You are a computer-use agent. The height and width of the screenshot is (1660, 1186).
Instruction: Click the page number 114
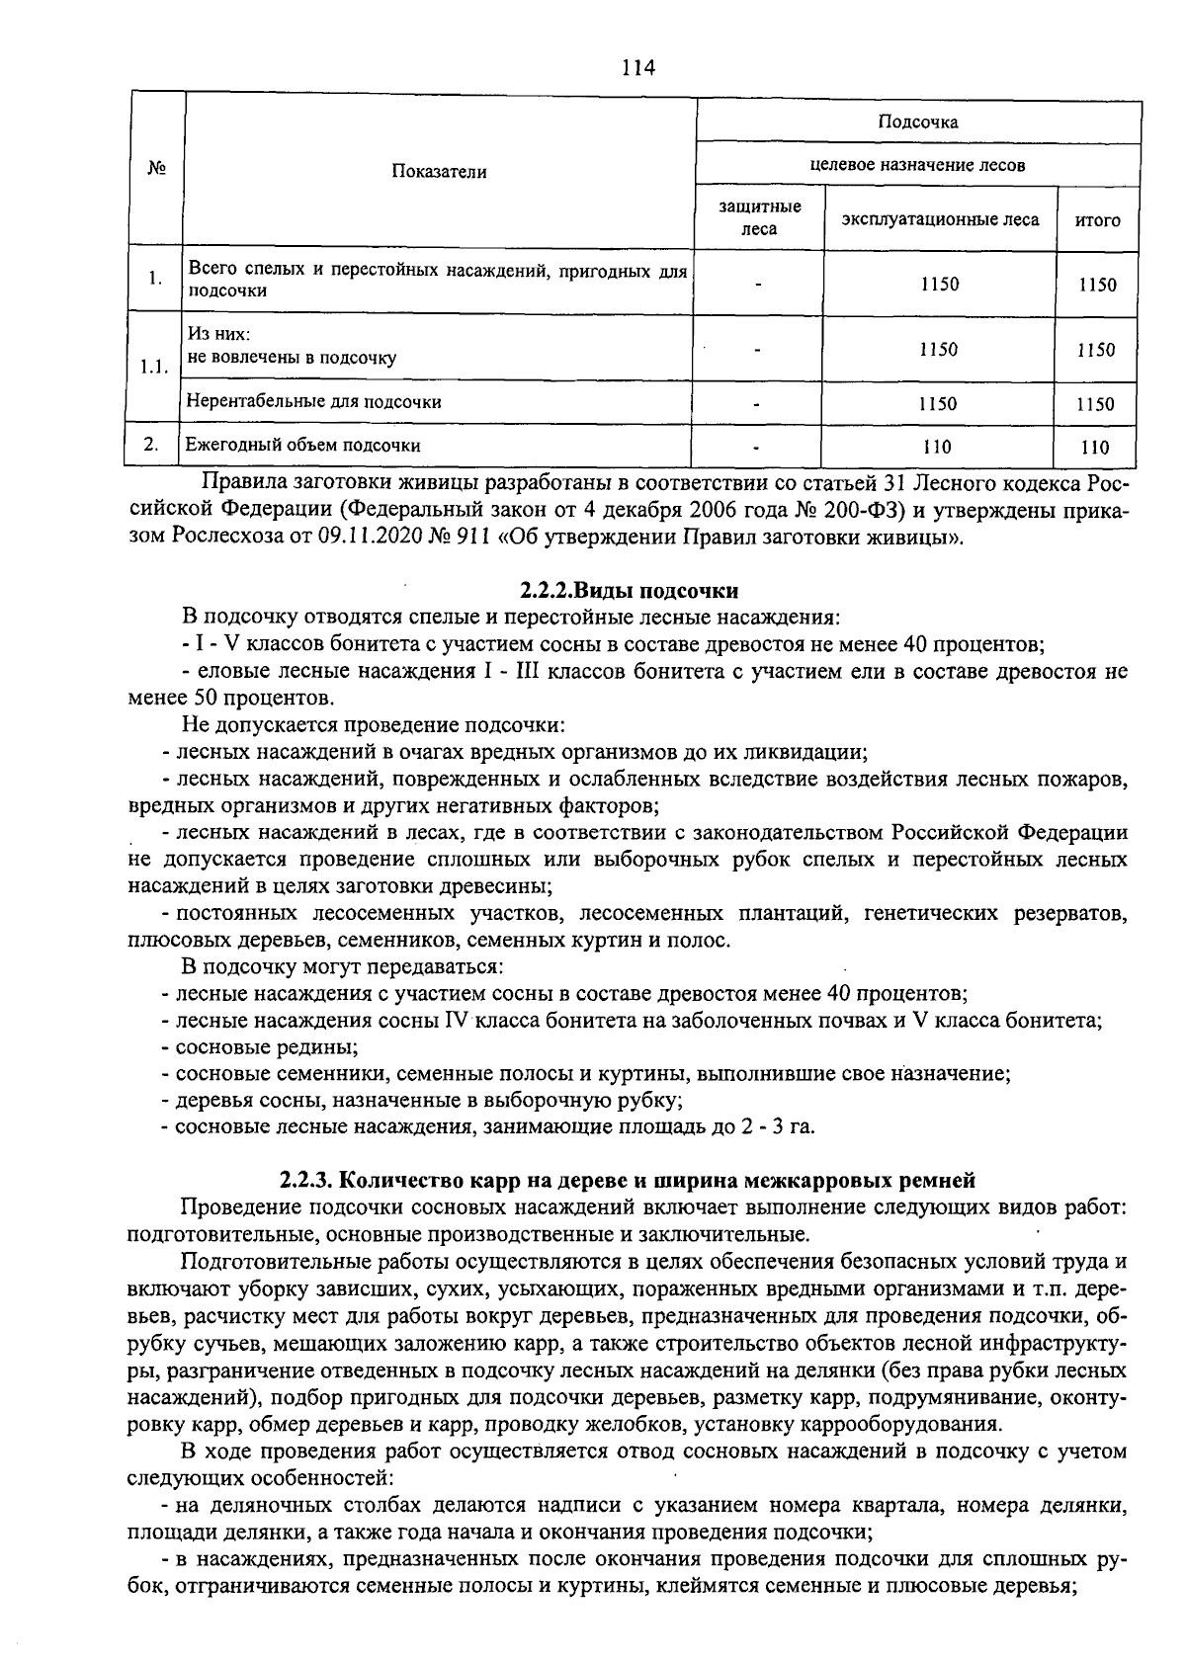point(638,67)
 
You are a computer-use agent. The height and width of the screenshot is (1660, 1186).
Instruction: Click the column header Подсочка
point(918,123)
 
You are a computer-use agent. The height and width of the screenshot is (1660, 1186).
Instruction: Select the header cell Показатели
point(439,171)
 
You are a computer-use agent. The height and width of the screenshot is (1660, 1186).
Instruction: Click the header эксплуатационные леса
point(940,219)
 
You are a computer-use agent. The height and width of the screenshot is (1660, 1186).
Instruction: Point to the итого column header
point(1097,220)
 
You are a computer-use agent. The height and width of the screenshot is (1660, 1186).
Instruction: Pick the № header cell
point(155,169)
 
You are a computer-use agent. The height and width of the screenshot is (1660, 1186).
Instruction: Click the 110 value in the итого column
point(1096,447)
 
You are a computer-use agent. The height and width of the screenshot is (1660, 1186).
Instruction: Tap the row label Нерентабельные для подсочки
point(314,401)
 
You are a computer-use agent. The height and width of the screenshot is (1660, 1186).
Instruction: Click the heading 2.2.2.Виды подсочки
point(629,591)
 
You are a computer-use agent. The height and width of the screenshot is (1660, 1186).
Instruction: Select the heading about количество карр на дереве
point(628,1179)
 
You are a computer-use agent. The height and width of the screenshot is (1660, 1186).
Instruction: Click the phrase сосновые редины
point(266,1046)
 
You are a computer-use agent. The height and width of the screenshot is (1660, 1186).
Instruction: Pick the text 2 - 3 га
point(770,1126)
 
